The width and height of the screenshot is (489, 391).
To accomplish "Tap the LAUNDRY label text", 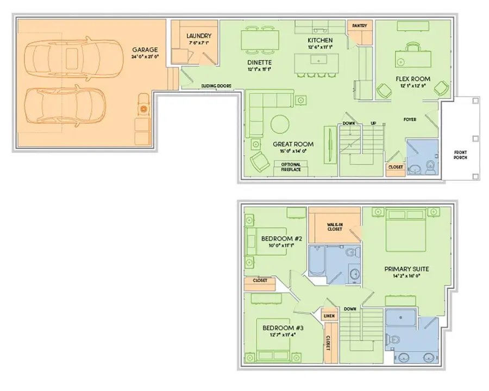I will click(199, 36).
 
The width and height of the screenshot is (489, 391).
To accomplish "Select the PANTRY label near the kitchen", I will click(359, 26).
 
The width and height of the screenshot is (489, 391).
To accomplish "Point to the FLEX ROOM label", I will click(413, 79).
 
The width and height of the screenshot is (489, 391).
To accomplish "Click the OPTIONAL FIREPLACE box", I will click(291, 167).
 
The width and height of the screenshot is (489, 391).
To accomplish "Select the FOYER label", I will click(410, 119).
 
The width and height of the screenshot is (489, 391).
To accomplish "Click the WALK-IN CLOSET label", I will click(334, 226).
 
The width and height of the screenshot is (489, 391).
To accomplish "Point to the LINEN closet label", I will click(330, 316).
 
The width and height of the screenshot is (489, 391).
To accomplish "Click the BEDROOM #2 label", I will click(281, 238).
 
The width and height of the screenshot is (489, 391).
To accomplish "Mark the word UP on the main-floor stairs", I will click(373, 124).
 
